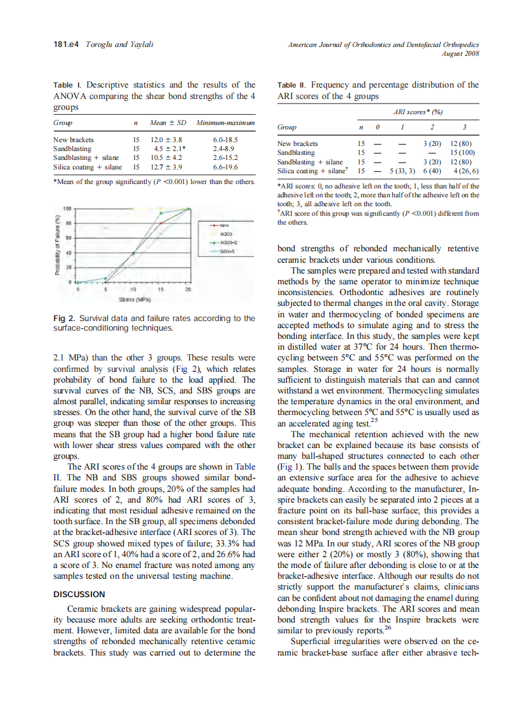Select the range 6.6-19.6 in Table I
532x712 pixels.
coord(225,167)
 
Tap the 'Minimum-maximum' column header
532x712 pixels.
coord(225,122)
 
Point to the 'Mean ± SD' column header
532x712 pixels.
coord(168,122)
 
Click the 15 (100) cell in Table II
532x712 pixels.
coord(462,152)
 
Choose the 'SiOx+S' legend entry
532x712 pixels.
coord(227,251)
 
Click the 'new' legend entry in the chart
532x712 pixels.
coord(227,225)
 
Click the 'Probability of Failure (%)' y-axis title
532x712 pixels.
coord(58,244)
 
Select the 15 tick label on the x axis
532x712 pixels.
coord(161,289)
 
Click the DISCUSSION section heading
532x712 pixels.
coord(79,594)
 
